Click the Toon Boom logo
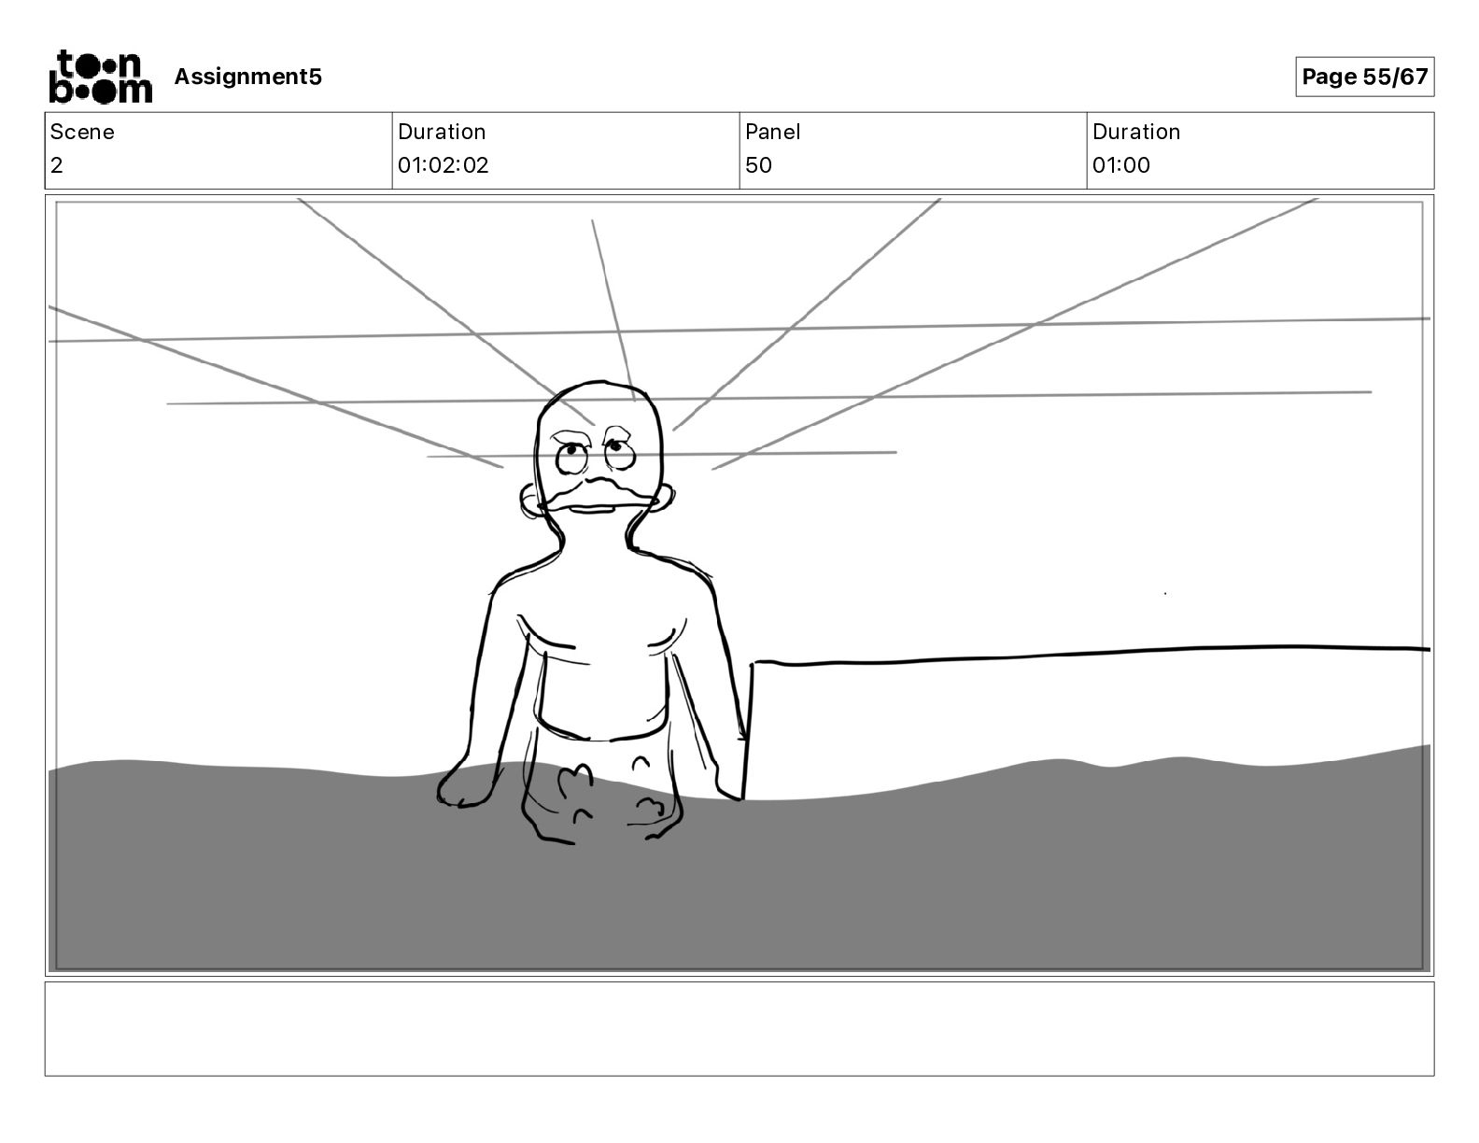point(100,77)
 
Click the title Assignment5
point(247,77)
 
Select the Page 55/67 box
point(1364,77)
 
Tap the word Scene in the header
point(82,132)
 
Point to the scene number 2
point(57,165)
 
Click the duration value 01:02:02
point(443,165)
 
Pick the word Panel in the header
point(772,132)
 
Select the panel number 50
point(758,165)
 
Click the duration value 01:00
point(1120,165)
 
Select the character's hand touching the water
point(464,789)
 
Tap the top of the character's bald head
point(598,388)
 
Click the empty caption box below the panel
point(739,1028)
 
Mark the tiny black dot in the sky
point(1165,593)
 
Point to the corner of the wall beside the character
point(754,663)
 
